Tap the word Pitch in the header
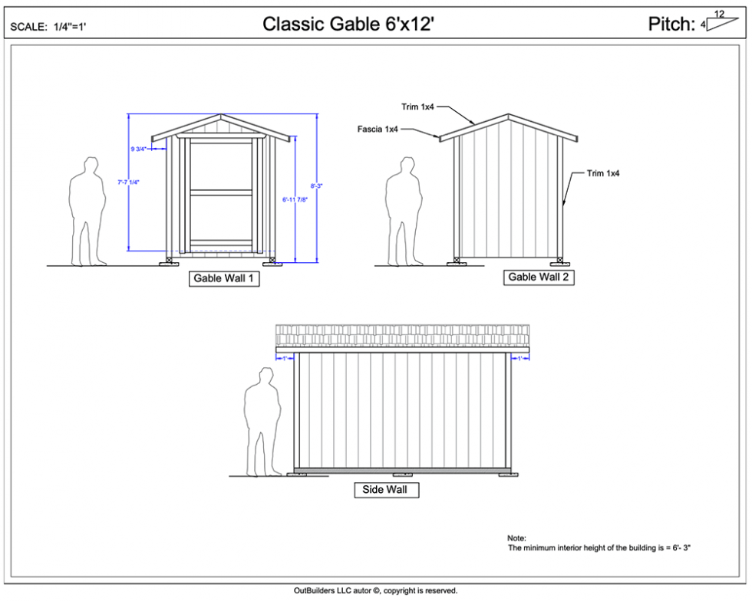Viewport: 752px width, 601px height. click(x=671, y=24)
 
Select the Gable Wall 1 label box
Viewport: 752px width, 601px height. click(x=223, y=279)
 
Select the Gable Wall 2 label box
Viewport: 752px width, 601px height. click(x=539, y=278)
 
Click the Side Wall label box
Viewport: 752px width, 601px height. click(x=386, y=490)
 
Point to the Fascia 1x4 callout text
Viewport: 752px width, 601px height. click(x=378, y=129)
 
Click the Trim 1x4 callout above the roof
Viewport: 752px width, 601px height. click(x=417, y=107)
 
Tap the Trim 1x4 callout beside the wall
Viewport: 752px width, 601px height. click(x=603, y=173)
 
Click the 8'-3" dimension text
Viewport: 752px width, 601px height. click(x=316, y=186)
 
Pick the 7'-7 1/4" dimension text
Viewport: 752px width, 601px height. click(x=127, y=182)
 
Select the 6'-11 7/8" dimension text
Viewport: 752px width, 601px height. click(x=294, y=199)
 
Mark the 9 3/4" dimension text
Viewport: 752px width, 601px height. click(x=140, y=149)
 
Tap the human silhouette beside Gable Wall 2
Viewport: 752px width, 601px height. click(x=404, y=212)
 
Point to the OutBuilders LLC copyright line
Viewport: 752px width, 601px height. click(x=375, y=590)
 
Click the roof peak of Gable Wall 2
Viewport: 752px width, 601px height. click(x=508, y=116)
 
